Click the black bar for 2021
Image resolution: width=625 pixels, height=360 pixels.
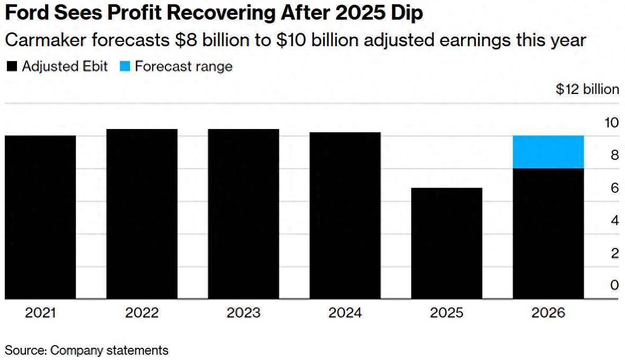click(40, 217)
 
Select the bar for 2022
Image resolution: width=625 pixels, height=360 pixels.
click(142, 214)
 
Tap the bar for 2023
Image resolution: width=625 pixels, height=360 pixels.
click(244, 214)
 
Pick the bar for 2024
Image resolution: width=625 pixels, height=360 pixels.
click(345, 216)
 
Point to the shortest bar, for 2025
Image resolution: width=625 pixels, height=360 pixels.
click(447, 243)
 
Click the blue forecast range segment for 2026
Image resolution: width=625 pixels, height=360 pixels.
click(548, 152)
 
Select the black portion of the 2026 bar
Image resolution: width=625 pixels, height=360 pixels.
click(548, 234)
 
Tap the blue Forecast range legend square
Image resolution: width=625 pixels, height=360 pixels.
click(125, 67)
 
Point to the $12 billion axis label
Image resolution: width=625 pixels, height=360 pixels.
click(587, 89)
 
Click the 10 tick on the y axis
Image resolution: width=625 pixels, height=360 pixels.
click(611, 123)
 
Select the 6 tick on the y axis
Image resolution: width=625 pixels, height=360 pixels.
click(614, 188)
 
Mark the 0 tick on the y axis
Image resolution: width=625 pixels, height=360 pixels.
click(614, 285)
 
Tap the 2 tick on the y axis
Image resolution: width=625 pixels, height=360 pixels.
click(614, 253)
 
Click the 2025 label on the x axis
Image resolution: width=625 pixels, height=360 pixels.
click(447, 313)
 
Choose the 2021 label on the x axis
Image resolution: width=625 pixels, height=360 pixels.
click(40, 313)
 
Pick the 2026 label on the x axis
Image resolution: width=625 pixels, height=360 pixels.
click(548, 313)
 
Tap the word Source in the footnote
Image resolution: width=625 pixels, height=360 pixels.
click(25, 350)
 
